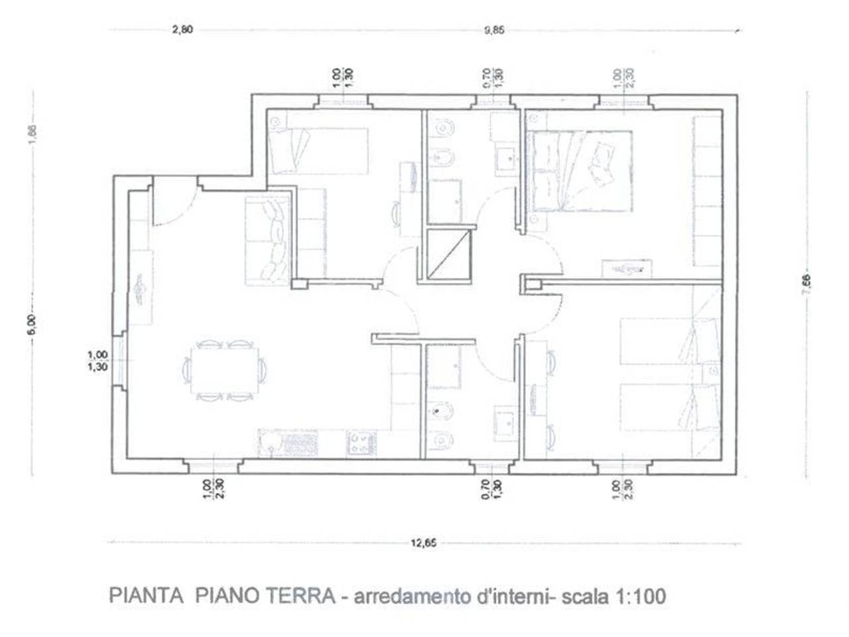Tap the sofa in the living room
pyautogui.click(x=268, y=240)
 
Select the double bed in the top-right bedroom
pyautogui.click(x=582, y=171)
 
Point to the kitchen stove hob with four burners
pyautogui.click(x=361, y=443)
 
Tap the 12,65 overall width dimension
pyautogui.click(x=424, y=543)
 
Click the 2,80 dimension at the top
pyautogui.click(x=182, y=30)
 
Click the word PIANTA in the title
pyautogui.click(x=145, y=595)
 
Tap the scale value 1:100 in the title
pyautogui.click(x=641, y=596)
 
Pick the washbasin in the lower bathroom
pyautogui.click(x=505, y=419)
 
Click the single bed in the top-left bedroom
pyautogui.click(x=318, y=151)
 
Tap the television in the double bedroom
pyautogui.click(x=626, y=269)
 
